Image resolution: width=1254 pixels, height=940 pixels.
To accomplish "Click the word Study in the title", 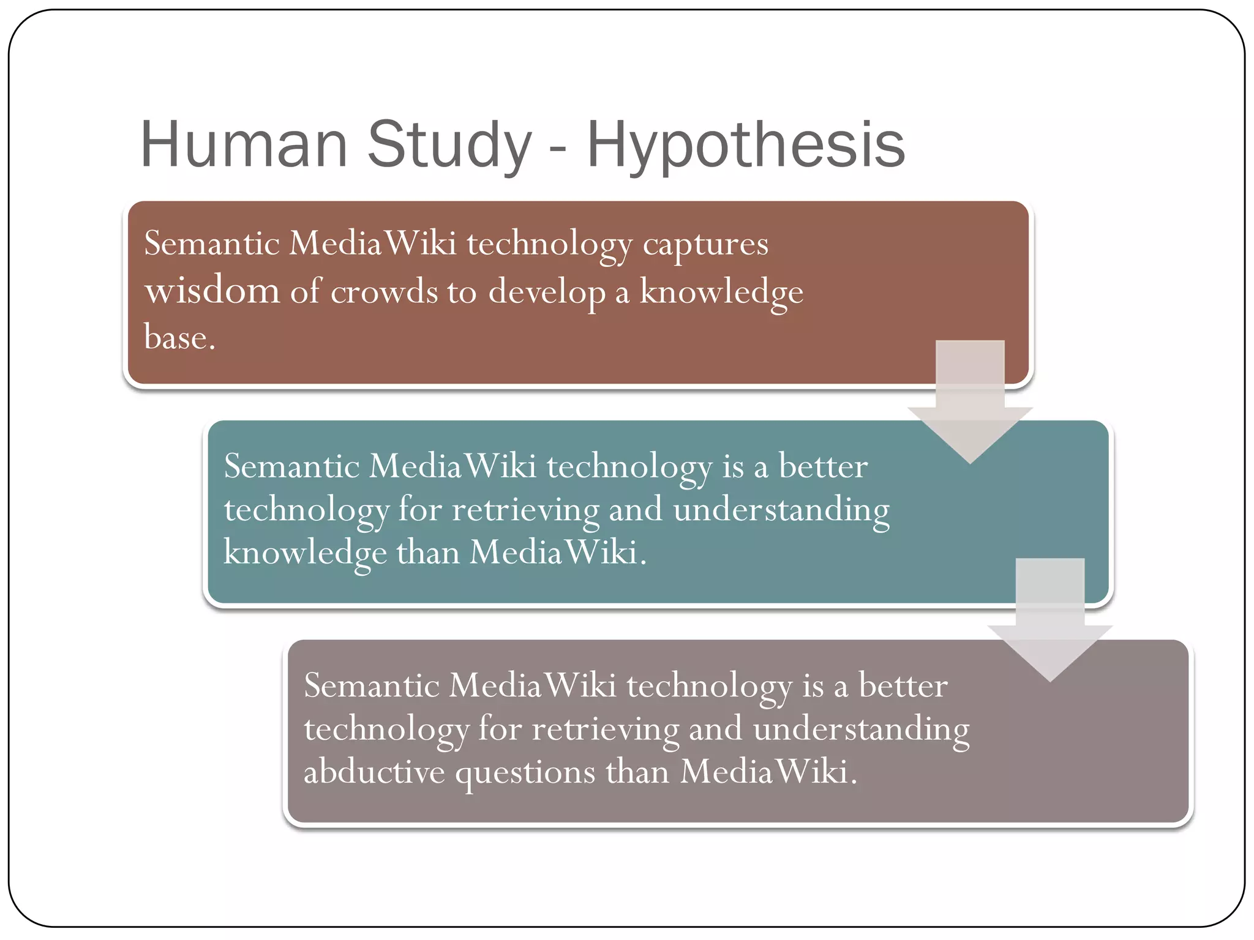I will click(449, 146).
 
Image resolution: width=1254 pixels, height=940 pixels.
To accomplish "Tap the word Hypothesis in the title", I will click(745, 146).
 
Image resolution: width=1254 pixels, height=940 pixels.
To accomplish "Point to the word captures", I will click(705, 245).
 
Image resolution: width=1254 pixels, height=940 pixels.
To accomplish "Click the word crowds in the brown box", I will click(384, 291).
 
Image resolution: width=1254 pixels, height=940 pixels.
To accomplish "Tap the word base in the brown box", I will click(179, 337).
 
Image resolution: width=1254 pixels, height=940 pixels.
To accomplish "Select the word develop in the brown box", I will click(546, 293).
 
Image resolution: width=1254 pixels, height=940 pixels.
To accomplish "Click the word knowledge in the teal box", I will click(304, 553).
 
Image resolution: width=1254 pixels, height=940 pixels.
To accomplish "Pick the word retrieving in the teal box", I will click(525, 510).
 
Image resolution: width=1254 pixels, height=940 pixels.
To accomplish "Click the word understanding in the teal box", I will click(781, 510).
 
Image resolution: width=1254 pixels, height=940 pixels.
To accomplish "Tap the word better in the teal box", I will click(822, 467).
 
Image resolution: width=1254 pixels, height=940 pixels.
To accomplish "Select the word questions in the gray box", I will click(525, 773).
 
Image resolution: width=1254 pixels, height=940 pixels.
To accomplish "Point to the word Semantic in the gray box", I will click(371, 685).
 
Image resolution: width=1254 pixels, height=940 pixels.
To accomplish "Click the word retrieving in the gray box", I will click(605, 729).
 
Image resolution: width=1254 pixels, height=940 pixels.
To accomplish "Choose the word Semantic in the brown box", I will click(211, 244).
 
